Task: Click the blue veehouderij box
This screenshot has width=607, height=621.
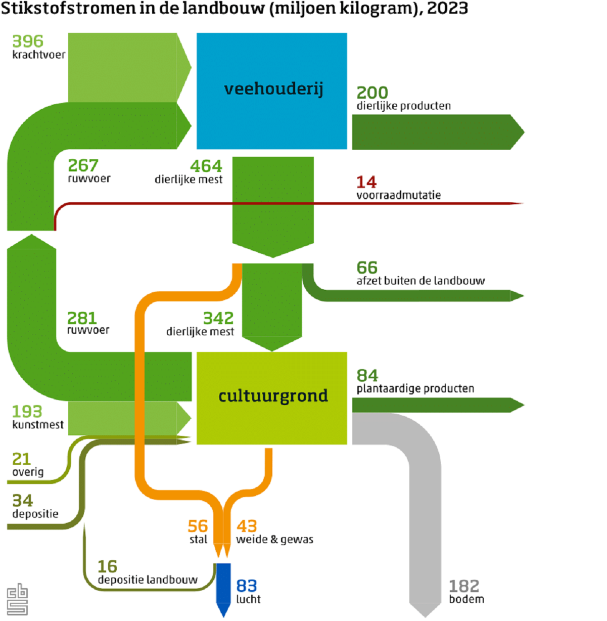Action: click(x=272, y=91)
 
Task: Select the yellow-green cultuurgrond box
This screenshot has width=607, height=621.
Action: click(x=272, y=398)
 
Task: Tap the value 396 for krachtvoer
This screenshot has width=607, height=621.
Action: click(x=28, y=41)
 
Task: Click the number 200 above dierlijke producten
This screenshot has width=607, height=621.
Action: click(x=372, y=93)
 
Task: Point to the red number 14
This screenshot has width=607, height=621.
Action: click(x=366, y=182)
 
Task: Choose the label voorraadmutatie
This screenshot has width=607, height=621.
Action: click(x=399, y=195)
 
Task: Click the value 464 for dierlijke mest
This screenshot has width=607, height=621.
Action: click(x=206, y=166)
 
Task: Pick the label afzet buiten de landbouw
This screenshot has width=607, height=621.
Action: click(x=421, y=281)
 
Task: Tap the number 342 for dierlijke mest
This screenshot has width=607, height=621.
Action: click(x=218, y=318)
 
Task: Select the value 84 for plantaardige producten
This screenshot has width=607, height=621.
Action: click(x=367, y=375)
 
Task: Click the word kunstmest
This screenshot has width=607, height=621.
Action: click(x=38, y=424)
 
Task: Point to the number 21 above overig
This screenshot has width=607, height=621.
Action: click(x=21, y=459)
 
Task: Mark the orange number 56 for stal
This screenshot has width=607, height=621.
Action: click(x=198, y=526)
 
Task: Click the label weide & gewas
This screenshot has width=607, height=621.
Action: click(x=274, y=539)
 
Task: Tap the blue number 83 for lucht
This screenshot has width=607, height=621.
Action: click(x=247, y=586)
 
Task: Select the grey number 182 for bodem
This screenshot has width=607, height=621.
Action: click(x=464, y=586)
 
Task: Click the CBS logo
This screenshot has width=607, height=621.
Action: click(x=18, y=599)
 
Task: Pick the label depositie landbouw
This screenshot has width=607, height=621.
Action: click(x=148, y=580)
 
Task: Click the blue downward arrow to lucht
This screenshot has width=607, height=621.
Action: click(x=223, y=590)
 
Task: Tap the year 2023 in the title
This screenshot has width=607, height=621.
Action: click(x=447, y=8)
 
